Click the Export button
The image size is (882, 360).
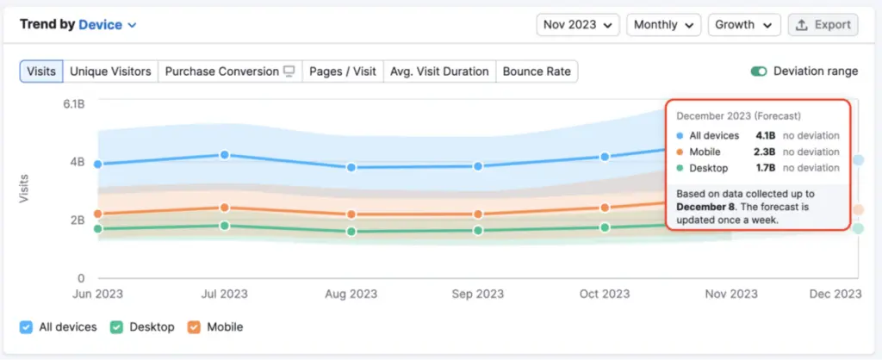(823, 25)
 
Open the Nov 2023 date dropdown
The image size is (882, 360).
(577, 25)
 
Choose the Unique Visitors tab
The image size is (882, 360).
(110, 71)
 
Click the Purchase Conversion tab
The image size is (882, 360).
(229, 71)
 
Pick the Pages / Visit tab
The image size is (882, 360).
(342, 71)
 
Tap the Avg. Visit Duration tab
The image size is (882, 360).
(439, 71)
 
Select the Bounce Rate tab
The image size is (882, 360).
(537, 71)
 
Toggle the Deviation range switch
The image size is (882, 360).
(759, 71)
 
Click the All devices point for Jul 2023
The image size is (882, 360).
(225, 155)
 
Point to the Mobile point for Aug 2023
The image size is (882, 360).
(351, 214)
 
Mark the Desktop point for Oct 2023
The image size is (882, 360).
(605, 227)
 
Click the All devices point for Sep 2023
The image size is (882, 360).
(478, 166)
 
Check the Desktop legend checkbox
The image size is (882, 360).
(115, 327)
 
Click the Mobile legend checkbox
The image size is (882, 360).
(194, 327)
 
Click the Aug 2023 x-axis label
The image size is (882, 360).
(351, 294)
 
